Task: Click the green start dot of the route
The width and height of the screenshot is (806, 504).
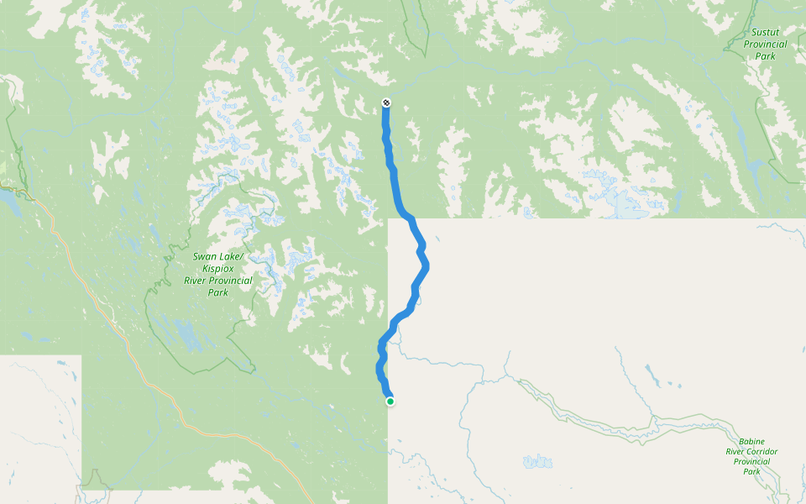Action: coord(390,402)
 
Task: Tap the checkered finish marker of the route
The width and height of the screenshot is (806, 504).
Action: coord(385,102)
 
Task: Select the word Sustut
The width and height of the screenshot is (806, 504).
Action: coord(765,33)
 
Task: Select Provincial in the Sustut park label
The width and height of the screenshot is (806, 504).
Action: coord(764,45)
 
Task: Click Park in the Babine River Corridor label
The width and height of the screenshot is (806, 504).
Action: coord(751,471)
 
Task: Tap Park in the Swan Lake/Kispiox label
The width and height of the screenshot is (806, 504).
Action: coord(217,292)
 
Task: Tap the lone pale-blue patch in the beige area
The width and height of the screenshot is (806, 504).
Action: coord(536,461)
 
